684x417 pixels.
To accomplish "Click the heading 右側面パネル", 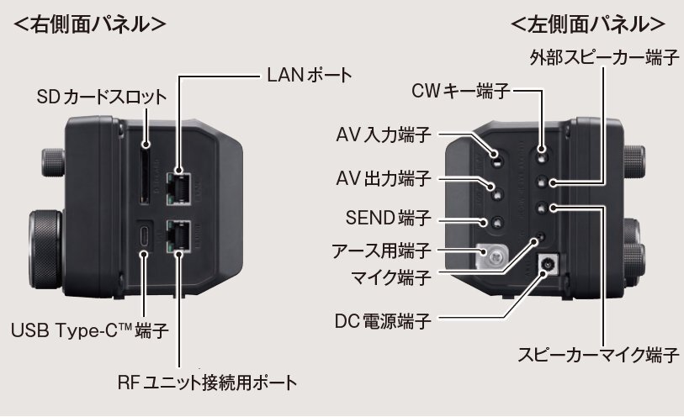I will click(88, 23).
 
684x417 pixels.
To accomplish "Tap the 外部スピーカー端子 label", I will click(604, 58).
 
